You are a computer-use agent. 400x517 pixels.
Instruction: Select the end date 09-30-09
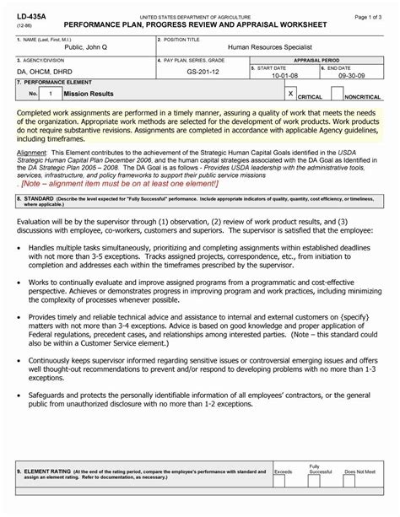(351, 74)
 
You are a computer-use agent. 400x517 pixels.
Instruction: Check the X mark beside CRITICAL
(290, 94)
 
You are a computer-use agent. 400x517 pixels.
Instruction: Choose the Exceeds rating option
(284, 471)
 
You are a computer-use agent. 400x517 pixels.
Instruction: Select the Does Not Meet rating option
(360, 471)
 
